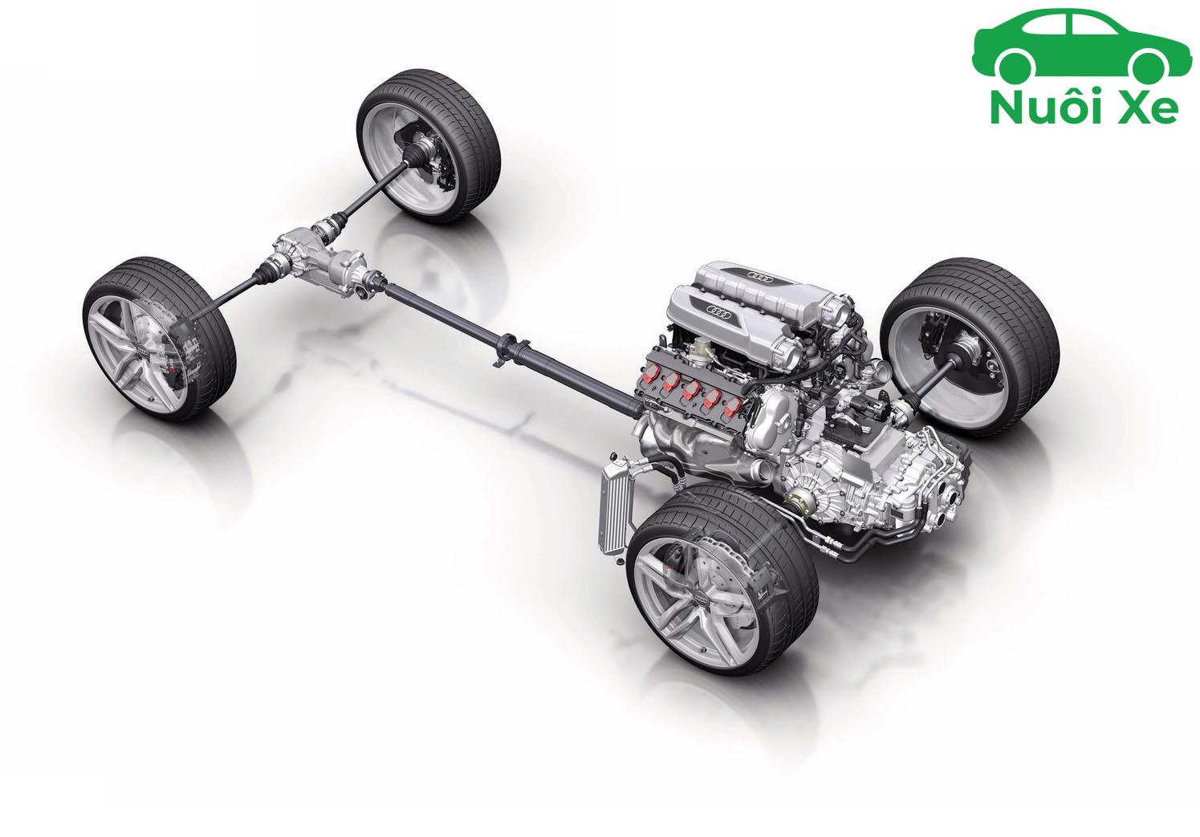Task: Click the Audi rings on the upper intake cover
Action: point(761,278)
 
